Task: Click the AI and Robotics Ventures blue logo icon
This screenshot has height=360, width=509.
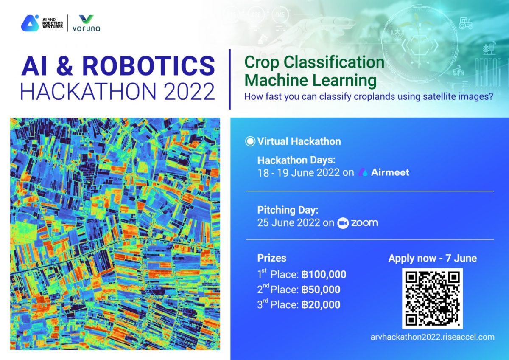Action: point(30,23)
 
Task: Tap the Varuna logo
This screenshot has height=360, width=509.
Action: point(87,23)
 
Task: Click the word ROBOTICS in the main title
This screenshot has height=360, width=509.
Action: point(148,66)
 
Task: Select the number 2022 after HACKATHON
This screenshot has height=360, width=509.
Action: point(189,91)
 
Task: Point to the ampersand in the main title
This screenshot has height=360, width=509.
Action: point(64,66)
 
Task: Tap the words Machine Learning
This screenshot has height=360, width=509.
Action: point(310,81)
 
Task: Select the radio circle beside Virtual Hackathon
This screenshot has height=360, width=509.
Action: point(250,141)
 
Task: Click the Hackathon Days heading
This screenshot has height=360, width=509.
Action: point(296,160)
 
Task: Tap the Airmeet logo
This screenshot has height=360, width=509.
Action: point(384,172)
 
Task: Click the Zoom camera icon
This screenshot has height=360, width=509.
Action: point(343,223)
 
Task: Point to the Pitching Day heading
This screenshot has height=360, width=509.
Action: point(288,210)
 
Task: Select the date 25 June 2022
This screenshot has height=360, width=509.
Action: point(288,222)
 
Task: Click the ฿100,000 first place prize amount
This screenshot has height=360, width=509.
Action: point(324,275)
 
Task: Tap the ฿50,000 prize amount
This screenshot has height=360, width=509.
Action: point(321,290)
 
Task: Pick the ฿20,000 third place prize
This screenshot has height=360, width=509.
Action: point(321,305)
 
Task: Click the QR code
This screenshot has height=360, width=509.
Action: point(432,298)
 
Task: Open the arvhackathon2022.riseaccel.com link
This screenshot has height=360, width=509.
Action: point(432,337)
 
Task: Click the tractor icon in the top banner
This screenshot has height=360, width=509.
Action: point(465,23)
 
